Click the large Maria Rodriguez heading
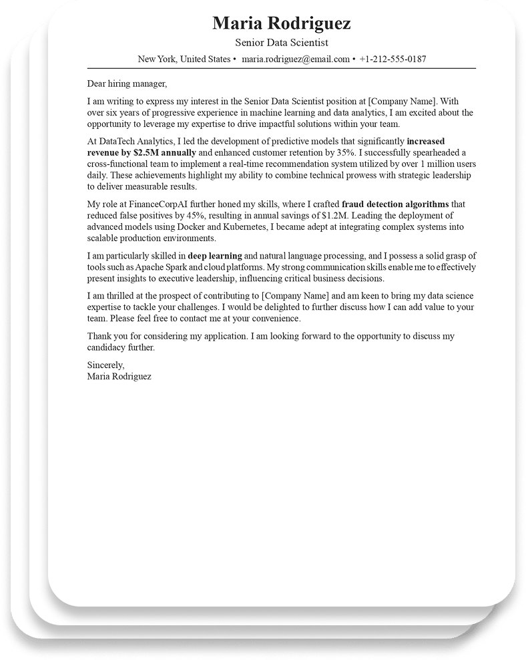point(281,24)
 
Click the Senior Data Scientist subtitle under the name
point(281,43)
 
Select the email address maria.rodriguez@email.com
point(296,59)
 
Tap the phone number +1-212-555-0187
point(392,59)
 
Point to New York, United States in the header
point(184,59)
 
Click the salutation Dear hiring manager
point(126,84)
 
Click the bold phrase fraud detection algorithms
point(395,204)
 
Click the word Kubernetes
point(231,227)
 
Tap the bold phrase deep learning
point(214,256)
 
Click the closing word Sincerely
point(105,365)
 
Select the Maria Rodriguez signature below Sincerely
point(119,376)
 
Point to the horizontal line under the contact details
point(281,68)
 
